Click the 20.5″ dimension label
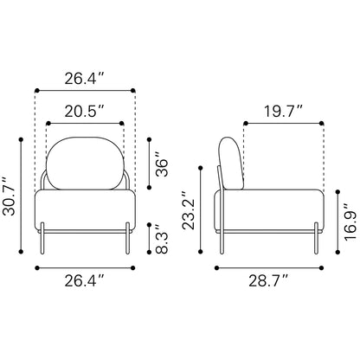(84, 111)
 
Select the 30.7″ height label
(9, 196)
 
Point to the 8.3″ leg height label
(162, 238)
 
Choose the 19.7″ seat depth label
(284, 111)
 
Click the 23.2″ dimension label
(189, 210)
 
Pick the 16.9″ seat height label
(350, 222)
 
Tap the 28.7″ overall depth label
(268, 280)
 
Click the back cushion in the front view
(85, 164)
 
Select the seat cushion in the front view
(85, 210)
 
